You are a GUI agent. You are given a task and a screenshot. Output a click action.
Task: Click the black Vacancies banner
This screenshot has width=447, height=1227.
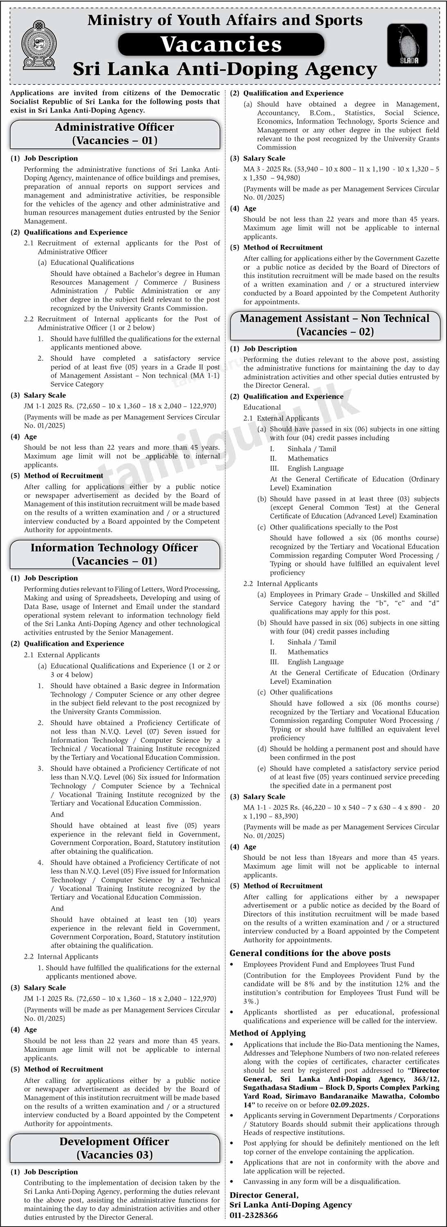pyautogui.click(x=221, y=45)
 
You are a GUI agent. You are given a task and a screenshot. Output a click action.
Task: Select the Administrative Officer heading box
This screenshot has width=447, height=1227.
pyautogui.click(x=115, y=134)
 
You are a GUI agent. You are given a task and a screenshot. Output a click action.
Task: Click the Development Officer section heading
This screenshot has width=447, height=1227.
pyautogui.click(x=115, y=1148)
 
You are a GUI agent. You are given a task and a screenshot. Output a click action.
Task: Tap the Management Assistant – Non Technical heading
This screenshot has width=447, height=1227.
pyautogui.click(x=335, y=325)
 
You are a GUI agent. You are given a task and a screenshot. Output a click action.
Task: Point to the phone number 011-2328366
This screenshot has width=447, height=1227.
pyautogui.click(x=254, y=1215)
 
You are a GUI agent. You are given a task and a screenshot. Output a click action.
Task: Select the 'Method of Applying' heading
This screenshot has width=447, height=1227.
pyautogui.click(x=267, y=1033)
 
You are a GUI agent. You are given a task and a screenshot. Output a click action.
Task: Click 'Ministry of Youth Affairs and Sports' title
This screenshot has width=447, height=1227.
pyautogui.click(x=225, y=20)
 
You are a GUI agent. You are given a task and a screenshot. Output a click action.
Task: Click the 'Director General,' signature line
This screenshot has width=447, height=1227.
pyautogui.click(x=264, y=1195)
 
